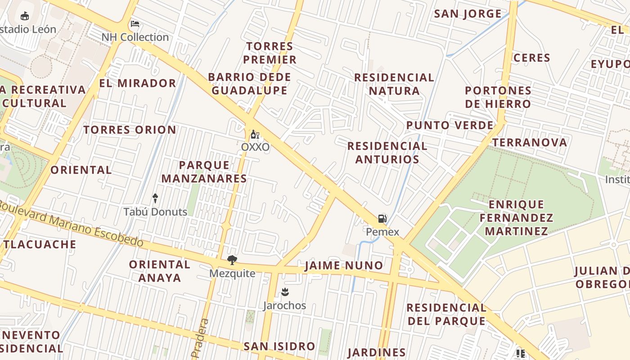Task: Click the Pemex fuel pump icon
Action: tap(382, 219)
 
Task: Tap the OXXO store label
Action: tap(255, 147)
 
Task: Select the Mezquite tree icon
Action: tap(232, 260)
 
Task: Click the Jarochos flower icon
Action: tap(284, 292)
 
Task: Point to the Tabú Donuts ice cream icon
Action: tap(155, 198)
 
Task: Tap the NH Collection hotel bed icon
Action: tap(135, 24)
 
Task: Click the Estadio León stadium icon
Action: tap(25, 16)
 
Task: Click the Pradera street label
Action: tap(201, 338)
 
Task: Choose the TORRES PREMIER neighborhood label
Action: tap(270, 53)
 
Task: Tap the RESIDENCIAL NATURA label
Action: tap(394, 84)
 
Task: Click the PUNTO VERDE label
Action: tap(450, 125)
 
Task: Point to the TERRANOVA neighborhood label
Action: tap(529, 143)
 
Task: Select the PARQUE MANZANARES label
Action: tap(204, 172)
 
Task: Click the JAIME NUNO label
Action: tap(344, 265)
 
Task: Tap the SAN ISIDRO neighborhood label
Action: tap(279, 346)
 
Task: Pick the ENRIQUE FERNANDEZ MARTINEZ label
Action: tap(516, 218)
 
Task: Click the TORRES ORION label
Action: tap(130, 130)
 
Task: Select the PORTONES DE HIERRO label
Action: tap(498, 97)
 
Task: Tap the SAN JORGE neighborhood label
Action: tap(468, 13)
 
